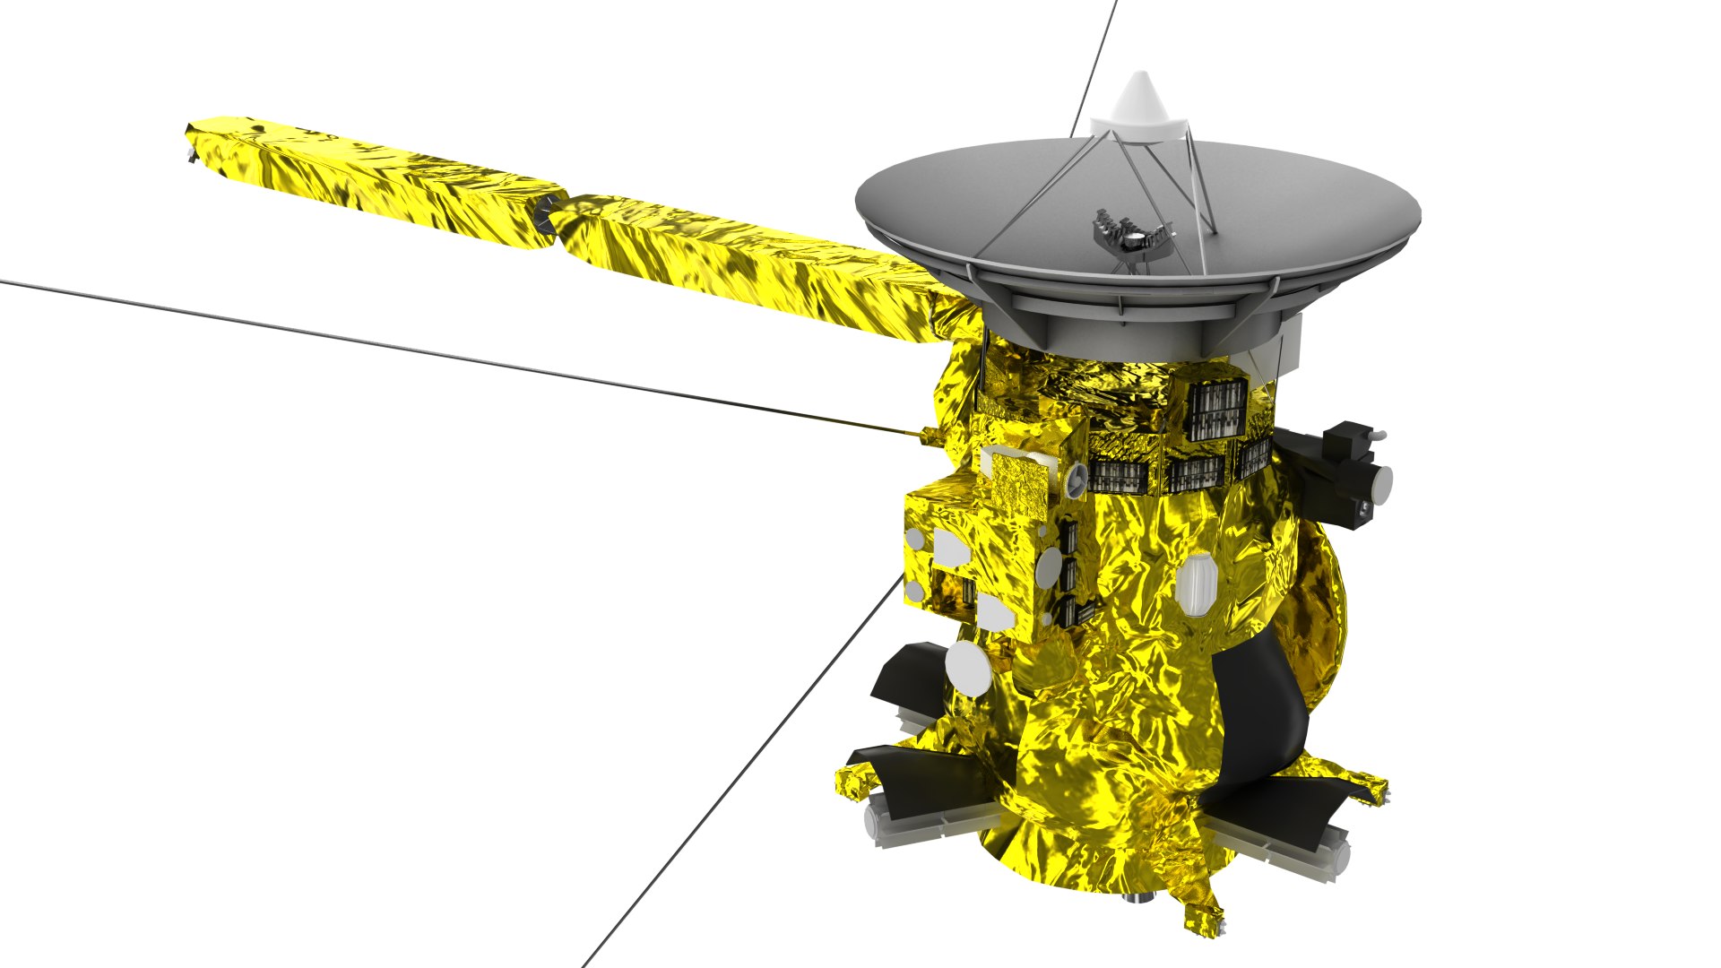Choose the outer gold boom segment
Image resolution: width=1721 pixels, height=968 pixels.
click(x=376, y=179)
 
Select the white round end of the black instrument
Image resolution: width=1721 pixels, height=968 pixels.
click(x=1381, y=482)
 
